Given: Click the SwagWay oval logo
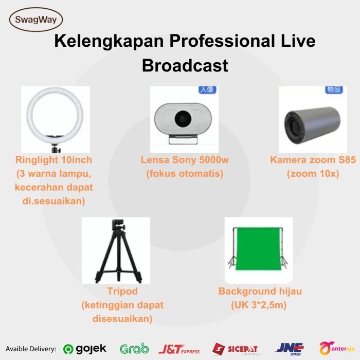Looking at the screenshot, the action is [36, 20].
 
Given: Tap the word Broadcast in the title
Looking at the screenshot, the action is [185, 65].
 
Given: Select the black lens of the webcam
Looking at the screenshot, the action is [183, 119].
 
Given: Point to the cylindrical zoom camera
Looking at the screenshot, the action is [312, 125].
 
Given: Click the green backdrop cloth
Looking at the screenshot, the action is [259, 248].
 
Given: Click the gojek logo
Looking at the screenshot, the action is [85, 349].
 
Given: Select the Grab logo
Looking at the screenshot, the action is [134, 349].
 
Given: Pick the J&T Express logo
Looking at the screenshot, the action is [179, 349].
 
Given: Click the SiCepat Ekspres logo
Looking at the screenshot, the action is [236, 349].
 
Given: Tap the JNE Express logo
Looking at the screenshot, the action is [289, 349].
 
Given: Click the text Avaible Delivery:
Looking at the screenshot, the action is [31, 349].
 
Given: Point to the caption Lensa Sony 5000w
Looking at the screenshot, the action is [185, 160].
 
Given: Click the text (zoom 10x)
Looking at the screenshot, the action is [313, 174].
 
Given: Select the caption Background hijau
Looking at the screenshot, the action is [260, 291].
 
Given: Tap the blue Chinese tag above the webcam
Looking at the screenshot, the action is [207, 89].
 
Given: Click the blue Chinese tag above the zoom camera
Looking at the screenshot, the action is [334, 89].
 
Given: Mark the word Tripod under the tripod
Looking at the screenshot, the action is [122, 292].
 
